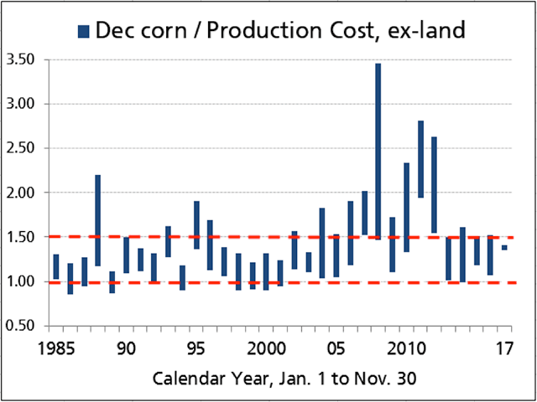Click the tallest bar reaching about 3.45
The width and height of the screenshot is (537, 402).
[378, 152]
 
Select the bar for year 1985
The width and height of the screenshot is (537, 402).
[56, 267]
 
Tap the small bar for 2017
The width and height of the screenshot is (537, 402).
[504, 248]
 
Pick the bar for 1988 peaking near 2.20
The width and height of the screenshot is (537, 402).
[98, 220]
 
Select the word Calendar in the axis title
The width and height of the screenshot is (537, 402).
[185, 378]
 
